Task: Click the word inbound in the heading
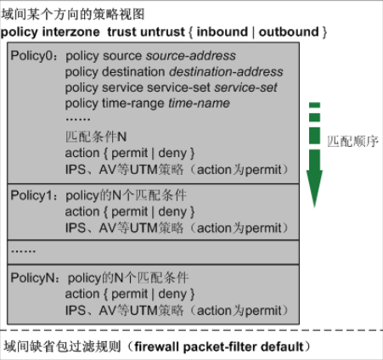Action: [222, 31]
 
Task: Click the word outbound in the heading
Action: [289, 31]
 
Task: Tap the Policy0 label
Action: [31, 55]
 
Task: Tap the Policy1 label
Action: [31, 195]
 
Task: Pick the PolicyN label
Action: [32, 278]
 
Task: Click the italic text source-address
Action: [191, 55]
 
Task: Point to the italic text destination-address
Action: [226, 71]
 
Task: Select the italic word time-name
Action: [199, 104]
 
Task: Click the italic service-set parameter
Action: [245, 87]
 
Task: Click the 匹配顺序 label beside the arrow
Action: [352, 141]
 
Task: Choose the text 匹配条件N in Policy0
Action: [96, 137]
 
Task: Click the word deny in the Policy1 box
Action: [172, 211]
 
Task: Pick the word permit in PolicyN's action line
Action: [130, 295]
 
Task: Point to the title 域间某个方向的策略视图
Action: [73, 14]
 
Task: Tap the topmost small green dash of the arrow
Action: [314, 105]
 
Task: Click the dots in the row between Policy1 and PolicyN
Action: [23, 251]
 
